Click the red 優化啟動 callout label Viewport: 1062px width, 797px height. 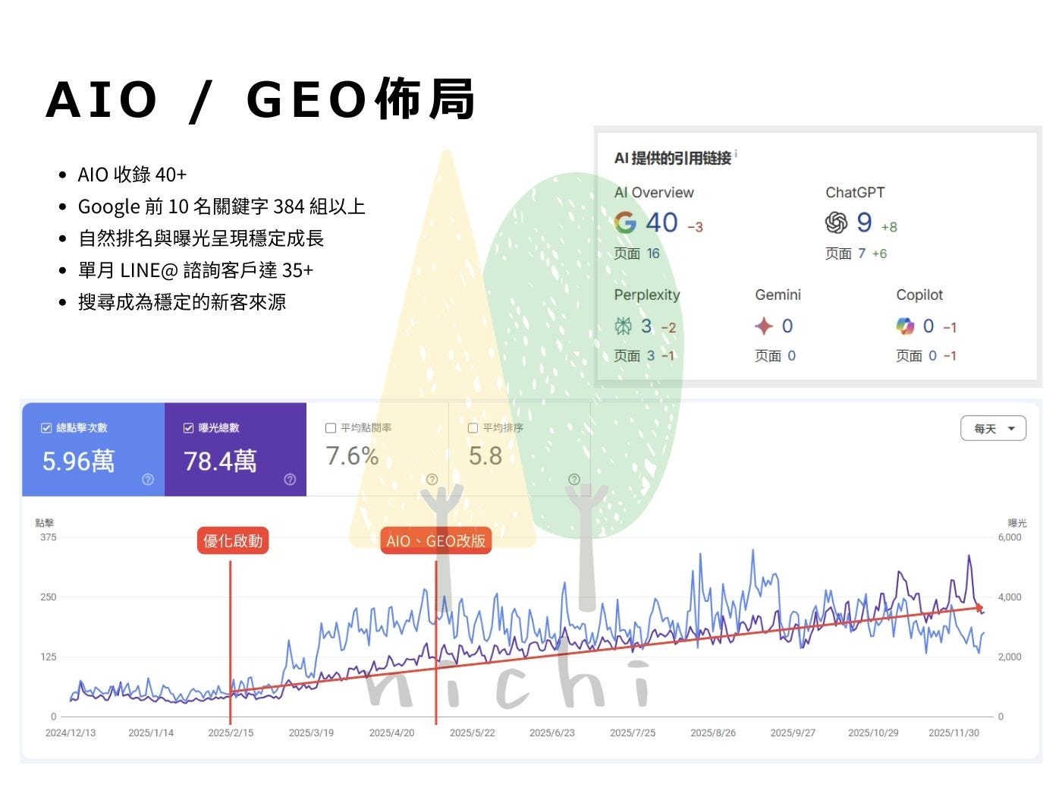(x=233, y=540)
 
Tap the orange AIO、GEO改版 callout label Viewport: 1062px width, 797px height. (x=435, y=540)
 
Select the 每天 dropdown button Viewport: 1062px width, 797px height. (x=993, y=428)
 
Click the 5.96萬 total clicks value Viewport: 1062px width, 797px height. (x=78, y=461)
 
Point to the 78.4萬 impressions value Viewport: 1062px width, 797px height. (x=220, y=461)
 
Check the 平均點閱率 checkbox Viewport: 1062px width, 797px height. (x=331, y=428)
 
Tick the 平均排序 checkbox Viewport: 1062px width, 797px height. (x=473, y=428)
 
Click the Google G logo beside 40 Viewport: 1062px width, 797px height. (x=625, y=222)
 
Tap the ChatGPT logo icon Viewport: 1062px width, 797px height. (x=836, y=222)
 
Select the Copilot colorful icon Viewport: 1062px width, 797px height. (x=905, y=326)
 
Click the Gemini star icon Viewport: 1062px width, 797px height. (x=764, y=326)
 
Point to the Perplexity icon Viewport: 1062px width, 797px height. (x=624, y=326)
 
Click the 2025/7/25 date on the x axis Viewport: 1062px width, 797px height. (x=633, y=732)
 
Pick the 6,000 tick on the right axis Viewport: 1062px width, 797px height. (x=1010, y=537)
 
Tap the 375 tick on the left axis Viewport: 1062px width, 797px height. (x=49, y=537)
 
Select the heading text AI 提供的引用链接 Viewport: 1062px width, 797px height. (x=673, y=158)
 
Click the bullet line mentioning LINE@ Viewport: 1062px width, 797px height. (x=196, y=270)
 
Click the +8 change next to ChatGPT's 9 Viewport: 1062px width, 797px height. (x=889, y=226)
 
